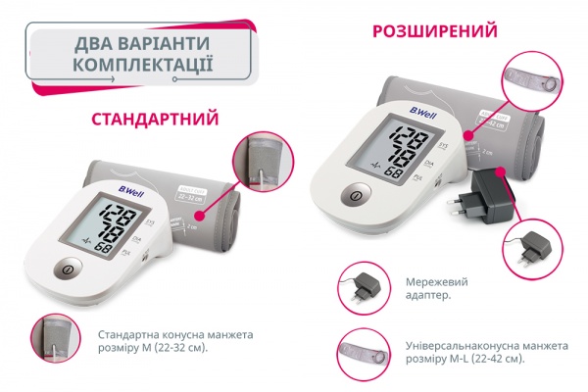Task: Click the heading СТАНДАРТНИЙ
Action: (x=154, y=121)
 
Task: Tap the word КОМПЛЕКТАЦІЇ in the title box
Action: (x=144, y=68)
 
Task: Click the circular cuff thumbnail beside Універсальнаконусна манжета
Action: (x=360, y=350)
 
